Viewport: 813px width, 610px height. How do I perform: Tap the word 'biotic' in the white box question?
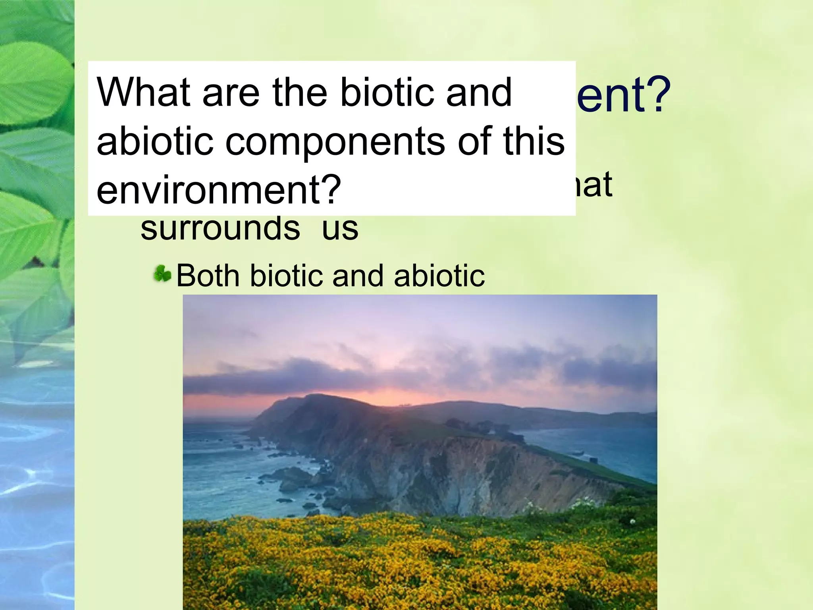pyautogui.click(x=380, y=92)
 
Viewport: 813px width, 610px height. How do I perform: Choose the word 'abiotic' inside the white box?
pyautogui.click(x=155, y=141)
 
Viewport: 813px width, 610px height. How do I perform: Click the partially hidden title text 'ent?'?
pyautogui.click(x=623, y=95)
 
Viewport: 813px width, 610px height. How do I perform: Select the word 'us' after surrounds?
pyautogui.click(x=340, y=229)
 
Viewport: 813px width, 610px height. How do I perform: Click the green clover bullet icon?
pyautogui.click(x=162, y=274)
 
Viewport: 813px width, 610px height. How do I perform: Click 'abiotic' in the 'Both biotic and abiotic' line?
pyautogui.click(x=439, y=276)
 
